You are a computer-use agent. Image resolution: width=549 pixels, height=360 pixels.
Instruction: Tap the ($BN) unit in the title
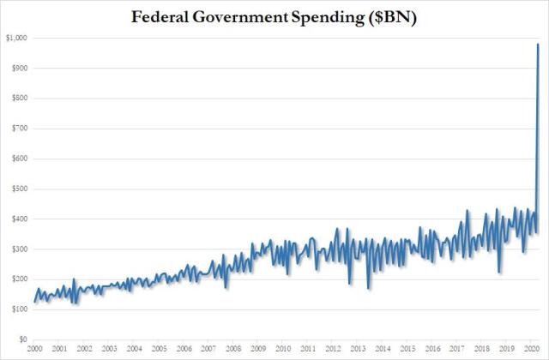pyautogui.click(x=392, y=15)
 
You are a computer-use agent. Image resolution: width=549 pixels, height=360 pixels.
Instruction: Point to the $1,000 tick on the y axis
pyautogui.click(x=15, y=38)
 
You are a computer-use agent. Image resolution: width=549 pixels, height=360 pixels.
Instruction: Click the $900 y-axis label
pyautogui.click(x=17, y=68)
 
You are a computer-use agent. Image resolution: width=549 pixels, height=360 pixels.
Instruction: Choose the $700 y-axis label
pyautogui.click(x=17, y=129)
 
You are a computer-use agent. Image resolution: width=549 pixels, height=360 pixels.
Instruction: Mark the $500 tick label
pyautogui.click(x=17, y=189)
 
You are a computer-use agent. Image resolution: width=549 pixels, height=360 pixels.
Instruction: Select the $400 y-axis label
pyautogui.click(x=17, y=219)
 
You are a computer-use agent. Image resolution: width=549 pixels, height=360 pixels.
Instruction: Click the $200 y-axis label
pyautogui.click(x=17, y=279)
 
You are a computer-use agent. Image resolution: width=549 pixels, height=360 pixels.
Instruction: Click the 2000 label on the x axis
pyautogui.click(x=35, y=351)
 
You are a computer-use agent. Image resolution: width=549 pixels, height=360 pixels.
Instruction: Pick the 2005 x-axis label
pyautogui.click(x=159, y=351)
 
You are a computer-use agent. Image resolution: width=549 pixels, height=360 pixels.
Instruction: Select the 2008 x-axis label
pyautogui.click(x=233, y=351)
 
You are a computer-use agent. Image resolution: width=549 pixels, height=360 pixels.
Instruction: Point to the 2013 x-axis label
pyautogui.click(x=357, y=351)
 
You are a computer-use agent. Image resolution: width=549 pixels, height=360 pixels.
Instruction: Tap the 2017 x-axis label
pyautogui.click(x=455, y=351)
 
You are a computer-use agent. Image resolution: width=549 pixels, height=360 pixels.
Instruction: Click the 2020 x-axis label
pyautogui.click(x=530, y=351)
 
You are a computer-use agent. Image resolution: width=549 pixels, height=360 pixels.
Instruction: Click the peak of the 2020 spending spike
pyautogui.click(x=538, y=44)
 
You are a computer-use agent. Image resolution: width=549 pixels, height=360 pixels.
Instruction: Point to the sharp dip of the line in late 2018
pyautogui.click(x=499, y=273)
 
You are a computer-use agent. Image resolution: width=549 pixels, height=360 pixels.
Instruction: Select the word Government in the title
pyautogui.click(x=242, y=15)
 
